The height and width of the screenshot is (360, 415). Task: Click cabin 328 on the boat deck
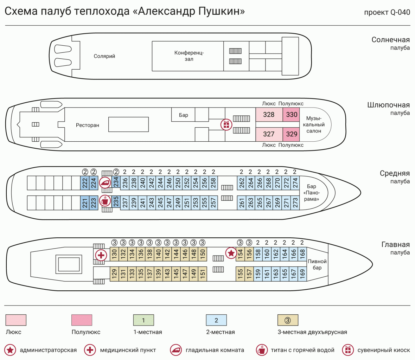pos(269,115)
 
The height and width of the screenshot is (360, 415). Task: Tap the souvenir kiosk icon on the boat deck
pos(226,125)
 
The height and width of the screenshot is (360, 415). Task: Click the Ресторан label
pos(88,125)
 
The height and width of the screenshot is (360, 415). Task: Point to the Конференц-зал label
pos(189,56)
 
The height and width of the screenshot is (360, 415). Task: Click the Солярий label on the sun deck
pos(104,56)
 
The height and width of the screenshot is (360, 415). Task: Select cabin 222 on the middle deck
pos(85,183)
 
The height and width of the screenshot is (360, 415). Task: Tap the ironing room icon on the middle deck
pos(105,182)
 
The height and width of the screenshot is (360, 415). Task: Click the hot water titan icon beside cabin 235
pos(105,201)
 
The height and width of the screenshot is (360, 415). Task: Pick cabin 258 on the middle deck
pos(213,183)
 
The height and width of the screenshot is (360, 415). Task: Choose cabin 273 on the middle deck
pos(295,202)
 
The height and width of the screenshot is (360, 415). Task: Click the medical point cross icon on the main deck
pos(101,255)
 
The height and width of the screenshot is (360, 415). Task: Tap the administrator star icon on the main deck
pos(231,253)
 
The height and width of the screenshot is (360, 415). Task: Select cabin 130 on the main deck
pos(114,253)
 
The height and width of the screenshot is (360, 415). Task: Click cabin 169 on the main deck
pos(302,273)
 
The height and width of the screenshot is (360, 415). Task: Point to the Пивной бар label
pos(317,264)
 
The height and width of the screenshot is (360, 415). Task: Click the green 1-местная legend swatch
pos(143,320)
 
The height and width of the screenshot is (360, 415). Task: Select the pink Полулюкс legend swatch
pos(82,320)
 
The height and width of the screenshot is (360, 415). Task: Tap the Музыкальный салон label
pos(314,125)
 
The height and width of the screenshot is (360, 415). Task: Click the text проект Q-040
pos(387,12)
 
